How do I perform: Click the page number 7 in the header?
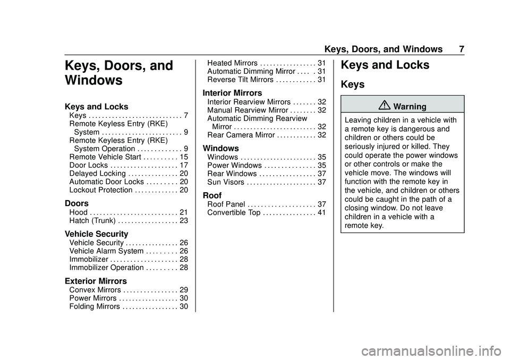click(462, 49)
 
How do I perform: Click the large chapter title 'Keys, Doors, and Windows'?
click(118, 73)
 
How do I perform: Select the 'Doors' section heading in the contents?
click(77, 203)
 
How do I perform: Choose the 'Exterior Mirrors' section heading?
click(96, 280)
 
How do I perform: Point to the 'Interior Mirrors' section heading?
click(232, 93)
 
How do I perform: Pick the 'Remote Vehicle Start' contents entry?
click(104, 157)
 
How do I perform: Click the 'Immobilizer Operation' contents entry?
click(106, 268)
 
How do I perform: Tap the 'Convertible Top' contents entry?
click(234, 212)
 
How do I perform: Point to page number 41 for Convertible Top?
click(321, 212)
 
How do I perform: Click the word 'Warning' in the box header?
click(410, 107)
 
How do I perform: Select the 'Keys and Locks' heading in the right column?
click(385, 65)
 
